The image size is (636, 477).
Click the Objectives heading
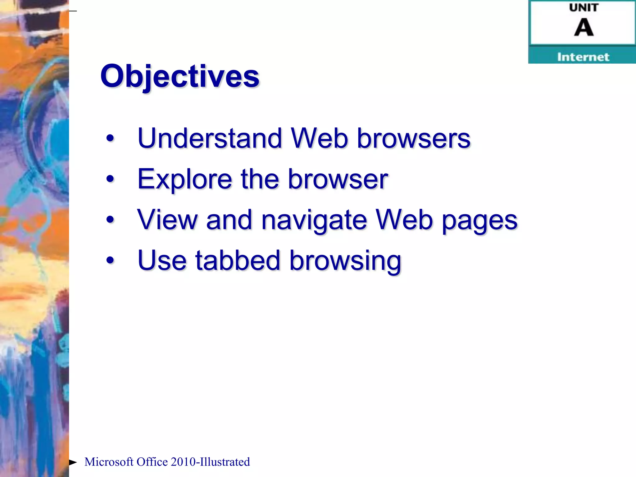point(179,76)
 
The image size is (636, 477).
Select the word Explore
point(185,179)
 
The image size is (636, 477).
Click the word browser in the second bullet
point(338,179)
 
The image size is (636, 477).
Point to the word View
point(167,220)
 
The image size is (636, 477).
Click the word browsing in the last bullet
point(345,261)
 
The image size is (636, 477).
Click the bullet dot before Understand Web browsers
point(110,139)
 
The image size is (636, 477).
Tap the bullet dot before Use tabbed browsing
point(110,260)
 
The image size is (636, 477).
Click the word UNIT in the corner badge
point(584,8)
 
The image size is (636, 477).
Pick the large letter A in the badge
point(584,28)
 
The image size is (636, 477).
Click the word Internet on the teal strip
point(583,57)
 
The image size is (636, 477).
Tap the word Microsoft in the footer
point(109,462)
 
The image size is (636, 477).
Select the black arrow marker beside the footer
point(73,462)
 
